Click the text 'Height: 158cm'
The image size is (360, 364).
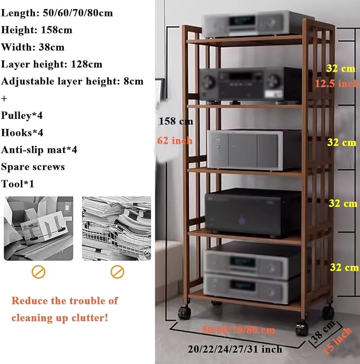tap(37, 30)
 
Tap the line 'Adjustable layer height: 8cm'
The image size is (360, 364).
tap(72, 82)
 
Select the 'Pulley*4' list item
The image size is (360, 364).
tap(22, 115)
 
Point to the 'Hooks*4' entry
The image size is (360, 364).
tap(22, 133)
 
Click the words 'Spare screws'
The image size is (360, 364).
tap(33, 167)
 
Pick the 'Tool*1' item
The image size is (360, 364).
tap(17, 184)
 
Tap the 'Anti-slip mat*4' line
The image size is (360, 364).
tap(39, 150)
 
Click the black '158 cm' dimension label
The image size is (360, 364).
tap(175, 121)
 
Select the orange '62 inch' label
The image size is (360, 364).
tap(174, 141)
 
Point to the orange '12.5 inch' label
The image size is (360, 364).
tap(337, 83)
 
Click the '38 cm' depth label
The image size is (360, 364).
tap(323, 332)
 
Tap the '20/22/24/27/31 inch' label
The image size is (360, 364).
tap(235, 349)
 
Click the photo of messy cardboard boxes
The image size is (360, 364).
tap(39, 228)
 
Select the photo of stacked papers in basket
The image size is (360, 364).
tap(117, 228)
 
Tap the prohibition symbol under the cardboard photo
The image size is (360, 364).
tap(39, 272)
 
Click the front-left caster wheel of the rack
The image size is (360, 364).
tap(185, 313)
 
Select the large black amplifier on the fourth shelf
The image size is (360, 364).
tap(253, 212)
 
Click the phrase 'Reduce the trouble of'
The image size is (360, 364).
tap(65, 301)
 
